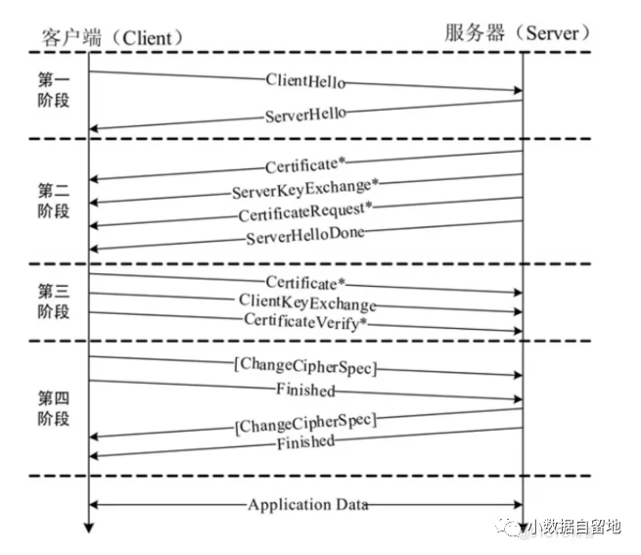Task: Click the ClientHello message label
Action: (305, 81)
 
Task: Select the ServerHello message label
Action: (305, 115)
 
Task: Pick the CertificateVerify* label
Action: (305, 321)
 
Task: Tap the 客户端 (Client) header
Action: (114, 36)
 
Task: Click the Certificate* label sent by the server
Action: (305, 163)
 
